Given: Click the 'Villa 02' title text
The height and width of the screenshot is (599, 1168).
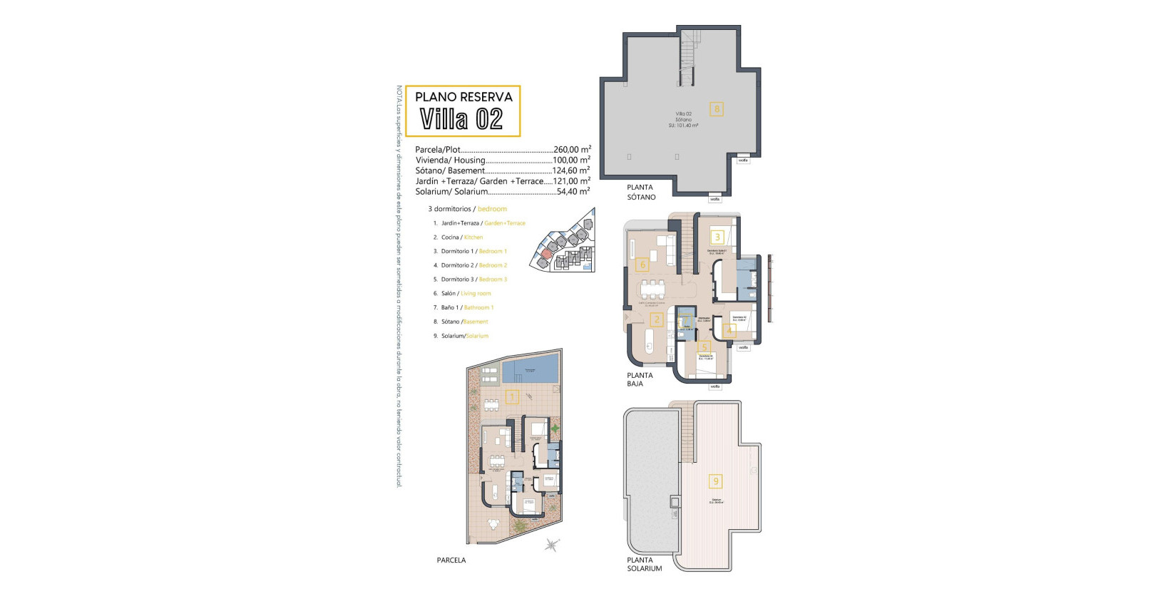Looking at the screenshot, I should coord(461,118).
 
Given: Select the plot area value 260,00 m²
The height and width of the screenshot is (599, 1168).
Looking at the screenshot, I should coord(572,150).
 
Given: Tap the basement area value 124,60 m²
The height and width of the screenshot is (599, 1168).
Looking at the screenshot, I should coord(571,170).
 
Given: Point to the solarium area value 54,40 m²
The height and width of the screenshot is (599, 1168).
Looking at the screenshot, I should coord(573,191).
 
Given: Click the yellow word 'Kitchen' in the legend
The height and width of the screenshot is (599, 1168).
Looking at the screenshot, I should coord(473,237).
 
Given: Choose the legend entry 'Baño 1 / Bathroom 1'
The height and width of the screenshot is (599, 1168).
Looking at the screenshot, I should coord(467,307).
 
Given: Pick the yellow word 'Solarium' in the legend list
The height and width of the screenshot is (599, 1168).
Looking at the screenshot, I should coord(477,336).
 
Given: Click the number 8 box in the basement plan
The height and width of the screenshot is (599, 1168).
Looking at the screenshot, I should coord(717,109).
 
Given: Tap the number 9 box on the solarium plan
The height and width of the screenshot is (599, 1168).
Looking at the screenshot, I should coord(716,481).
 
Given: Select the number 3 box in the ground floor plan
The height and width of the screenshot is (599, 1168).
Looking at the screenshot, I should coord(717,237).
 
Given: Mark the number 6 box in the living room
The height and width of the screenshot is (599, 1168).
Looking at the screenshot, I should coord(642,265).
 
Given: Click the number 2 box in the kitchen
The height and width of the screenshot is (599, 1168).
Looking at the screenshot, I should coord(657,319).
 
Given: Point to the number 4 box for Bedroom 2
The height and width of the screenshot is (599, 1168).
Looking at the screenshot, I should coord(729,331).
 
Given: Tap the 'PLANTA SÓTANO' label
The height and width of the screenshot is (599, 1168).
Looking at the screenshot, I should coord(640,193).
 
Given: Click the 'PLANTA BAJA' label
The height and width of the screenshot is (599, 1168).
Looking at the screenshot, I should coord(639,379).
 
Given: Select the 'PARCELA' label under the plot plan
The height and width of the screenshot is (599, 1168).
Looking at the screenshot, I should coord(451,560).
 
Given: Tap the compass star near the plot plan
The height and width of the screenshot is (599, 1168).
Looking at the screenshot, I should coord(551,546).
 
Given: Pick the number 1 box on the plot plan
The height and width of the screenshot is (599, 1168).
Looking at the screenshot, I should coord(511,397).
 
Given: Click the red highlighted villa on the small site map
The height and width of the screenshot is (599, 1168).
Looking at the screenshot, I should coord(546,254).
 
